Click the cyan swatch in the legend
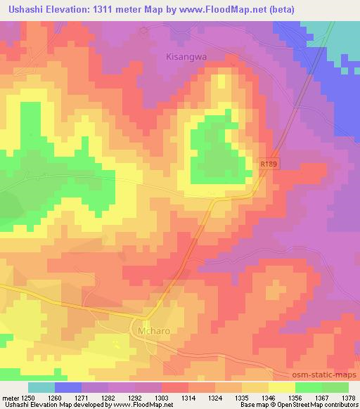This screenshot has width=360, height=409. click(41, 387)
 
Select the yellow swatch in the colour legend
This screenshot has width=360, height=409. click(281, 387)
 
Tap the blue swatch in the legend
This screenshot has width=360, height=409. click(68, 387)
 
